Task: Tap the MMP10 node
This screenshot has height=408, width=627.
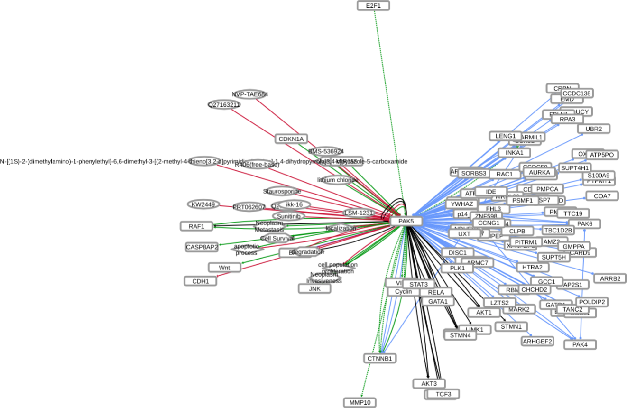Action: (x=360, y=403)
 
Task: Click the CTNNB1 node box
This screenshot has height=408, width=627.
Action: (x=380, y=358)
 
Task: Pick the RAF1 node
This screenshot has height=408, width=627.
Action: (x=196, y=226)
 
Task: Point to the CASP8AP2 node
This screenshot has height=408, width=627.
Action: (x=202, y=247)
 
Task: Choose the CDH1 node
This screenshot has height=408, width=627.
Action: (x=200, y=281)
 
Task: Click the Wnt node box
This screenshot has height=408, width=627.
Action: (x=224, y=268)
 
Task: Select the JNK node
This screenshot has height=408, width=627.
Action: (x=314, y=288)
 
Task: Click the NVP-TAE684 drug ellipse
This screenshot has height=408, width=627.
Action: (x=250, y=94)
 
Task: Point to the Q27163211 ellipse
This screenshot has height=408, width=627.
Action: (x=224, y=104)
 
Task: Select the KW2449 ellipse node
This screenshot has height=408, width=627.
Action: (x=203, y=204)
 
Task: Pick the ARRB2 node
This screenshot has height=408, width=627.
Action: (x=610, y=278)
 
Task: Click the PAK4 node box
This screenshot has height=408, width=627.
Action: (x=580, y=344)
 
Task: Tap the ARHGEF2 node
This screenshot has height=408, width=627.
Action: (x=537, y=341)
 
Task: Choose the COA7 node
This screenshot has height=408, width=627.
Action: (x=602, y=196)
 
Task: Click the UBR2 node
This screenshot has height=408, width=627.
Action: (x=594, y=129)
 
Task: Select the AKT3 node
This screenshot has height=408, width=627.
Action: (x=429, y=383)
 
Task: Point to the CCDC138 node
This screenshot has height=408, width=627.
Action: (x=577, y=93)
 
